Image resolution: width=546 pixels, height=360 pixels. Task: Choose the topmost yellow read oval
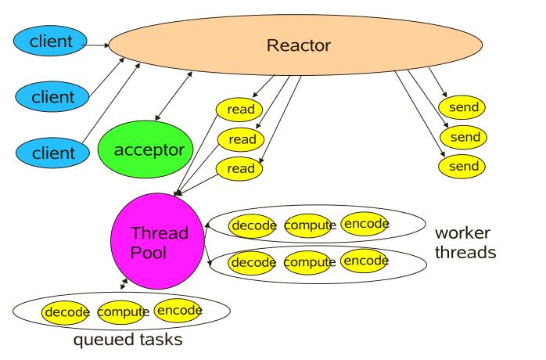point(240,109)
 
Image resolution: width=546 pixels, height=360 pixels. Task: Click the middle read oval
point(240,139)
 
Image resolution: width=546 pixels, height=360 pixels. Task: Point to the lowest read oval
point(240,167)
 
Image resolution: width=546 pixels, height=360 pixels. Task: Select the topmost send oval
point(462,106)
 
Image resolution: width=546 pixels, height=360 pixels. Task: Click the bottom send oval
point(462,165)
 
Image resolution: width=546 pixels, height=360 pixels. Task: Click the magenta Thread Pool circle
point(159,234)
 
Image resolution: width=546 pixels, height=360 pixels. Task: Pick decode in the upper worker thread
point(253,225)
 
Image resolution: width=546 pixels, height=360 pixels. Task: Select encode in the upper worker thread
point(365,224)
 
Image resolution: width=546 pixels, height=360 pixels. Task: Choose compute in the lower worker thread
point(310,261)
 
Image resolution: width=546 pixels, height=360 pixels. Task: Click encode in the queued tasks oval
point(179,311)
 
